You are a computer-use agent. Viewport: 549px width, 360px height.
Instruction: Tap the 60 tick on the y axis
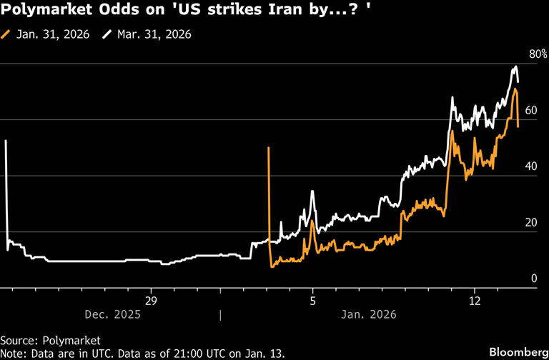[530, 111]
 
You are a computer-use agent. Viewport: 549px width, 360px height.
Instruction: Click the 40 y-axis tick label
[530, 166]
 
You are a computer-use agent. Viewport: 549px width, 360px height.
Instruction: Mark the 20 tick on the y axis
[530, 222]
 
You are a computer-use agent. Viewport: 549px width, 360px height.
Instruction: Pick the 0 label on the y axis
[533, 278]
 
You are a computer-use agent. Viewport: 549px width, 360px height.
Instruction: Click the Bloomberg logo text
[514, 351]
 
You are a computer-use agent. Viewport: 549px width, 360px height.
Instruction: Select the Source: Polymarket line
[50, 340]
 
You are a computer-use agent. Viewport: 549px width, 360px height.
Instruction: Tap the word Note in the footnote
[14, 354]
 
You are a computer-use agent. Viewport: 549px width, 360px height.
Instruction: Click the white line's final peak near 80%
[515, 67]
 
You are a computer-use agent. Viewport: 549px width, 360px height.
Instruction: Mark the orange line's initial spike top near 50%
[269, 148]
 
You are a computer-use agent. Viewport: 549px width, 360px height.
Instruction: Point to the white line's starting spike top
[6, 141]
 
